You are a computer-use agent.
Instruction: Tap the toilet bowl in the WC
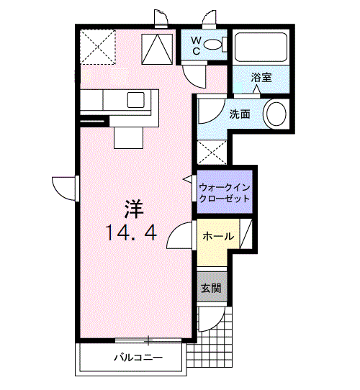point(213,45)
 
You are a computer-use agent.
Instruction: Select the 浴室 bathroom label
point(261,77)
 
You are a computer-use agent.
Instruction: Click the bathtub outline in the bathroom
point(261,47)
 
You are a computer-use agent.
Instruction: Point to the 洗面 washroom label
point(240,114)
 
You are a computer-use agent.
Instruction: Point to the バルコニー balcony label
point(138,358)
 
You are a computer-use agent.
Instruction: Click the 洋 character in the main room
point(133,209)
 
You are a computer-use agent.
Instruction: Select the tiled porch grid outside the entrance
point(216,338)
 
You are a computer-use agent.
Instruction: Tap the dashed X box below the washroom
point(212,153)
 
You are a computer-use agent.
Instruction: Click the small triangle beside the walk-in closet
point(188,178)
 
